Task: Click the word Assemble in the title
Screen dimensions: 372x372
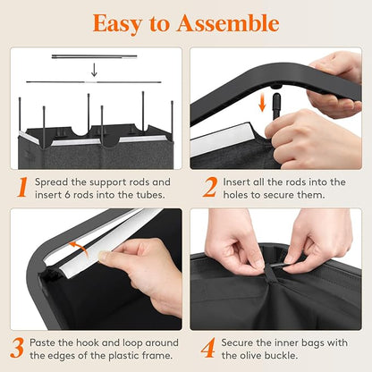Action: (228, 23)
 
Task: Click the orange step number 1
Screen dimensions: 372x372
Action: (22, 187)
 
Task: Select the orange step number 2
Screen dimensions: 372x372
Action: (210, 187)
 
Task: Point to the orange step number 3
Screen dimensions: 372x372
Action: (17, 348)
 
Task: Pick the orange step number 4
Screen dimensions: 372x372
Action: (207, 348)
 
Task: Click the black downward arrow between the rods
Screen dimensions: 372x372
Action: (94, 70)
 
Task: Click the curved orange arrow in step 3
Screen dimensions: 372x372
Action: (79, 248)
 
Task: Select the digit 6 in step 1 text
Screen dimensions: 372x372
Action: (68, 195)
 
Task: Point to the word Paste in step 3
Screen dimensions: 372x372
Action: (42, 342)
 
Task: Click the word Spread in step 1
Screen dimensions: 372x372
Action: (51, 182)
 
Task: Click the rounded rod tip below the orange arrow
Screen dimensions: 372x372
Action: (276, 98)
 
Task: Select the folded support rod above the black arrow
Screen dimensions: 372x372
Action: (94, 56)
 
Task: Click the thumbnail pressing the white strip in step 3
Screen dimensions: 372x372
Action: (104, 256)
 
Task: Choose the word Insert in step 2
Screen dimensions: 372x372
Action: (236, 182)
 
